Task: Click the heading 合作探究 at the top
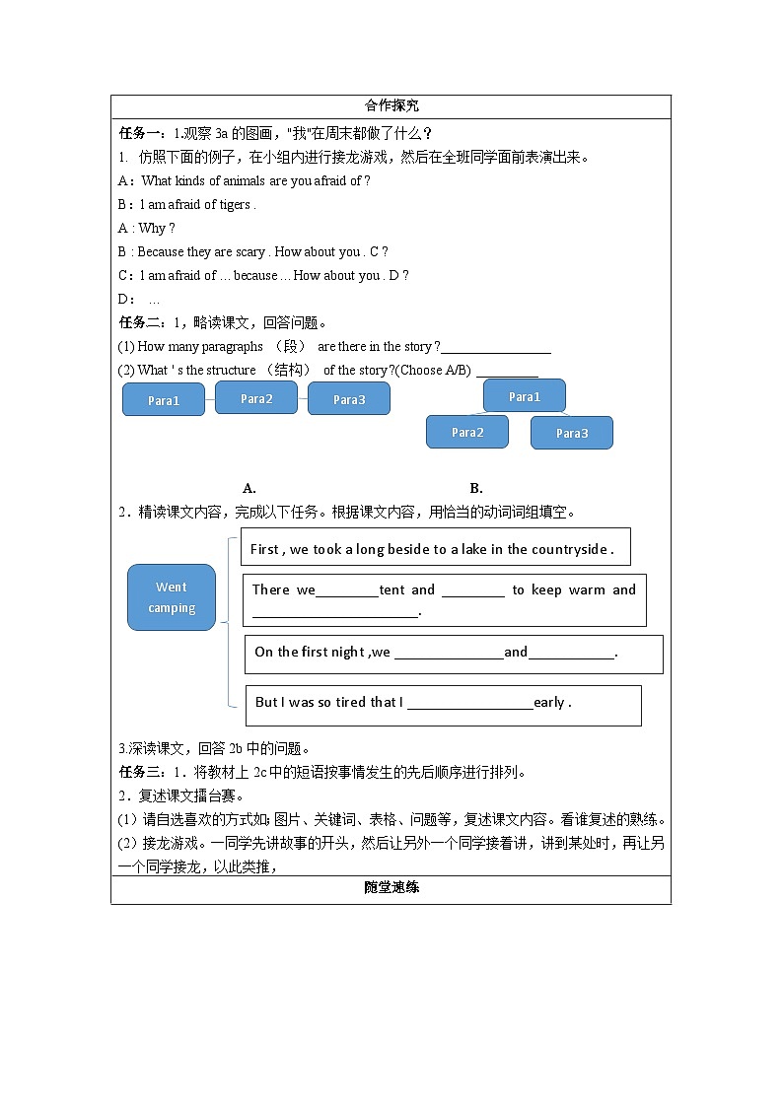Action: [391, 105]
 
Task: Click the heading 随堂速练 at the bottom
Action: [391, 887]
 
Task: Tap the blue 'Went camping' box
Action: [172, 597]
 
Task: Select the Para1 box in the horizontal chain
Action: [164, 400]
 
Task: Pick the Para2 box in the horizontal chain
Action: [256, 398]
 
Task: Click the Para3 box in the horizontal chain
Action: [349, 399]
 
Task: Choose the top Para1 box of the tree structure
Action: [525, 396]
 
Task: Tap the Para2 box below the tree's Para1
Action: [467, 432]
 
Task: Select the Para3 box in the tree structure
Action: [572, 433]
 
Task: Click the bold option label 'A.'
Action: [249, 488]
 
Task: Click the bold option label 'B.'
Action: [476, 488]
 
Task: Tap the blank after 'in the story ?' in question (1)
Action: [496, 348]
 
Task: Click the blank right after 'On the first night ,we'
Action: [449, 654]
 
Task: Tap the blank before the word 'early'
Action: [469, 704]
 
